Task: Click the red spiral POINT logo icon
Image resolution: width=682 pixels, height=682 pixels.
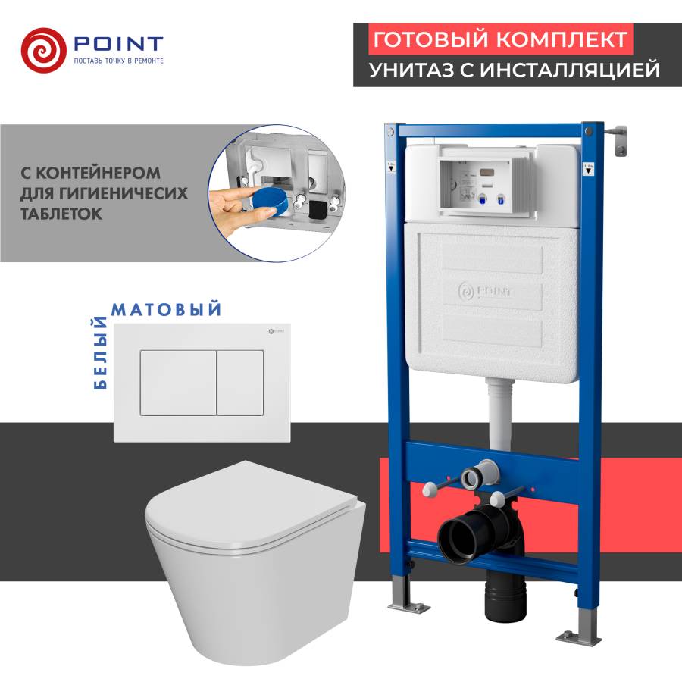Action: pos(43,47)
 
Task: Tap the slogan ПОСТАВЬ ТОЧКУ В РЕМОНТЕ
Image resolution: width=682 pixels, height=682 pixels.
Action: pos(117,60)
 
